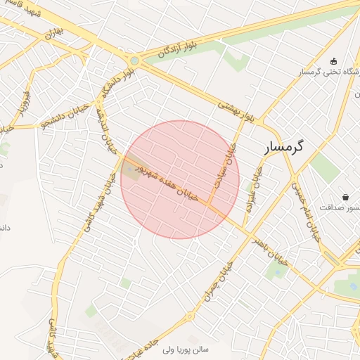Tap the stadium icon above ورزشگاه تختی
point(333,61)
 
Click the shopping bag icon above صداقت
point(345,196)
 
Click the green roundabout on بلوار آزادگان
point(134,61)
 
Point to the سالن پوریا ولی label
point(191,349)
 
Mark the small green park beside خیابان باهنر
point(275,271)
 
